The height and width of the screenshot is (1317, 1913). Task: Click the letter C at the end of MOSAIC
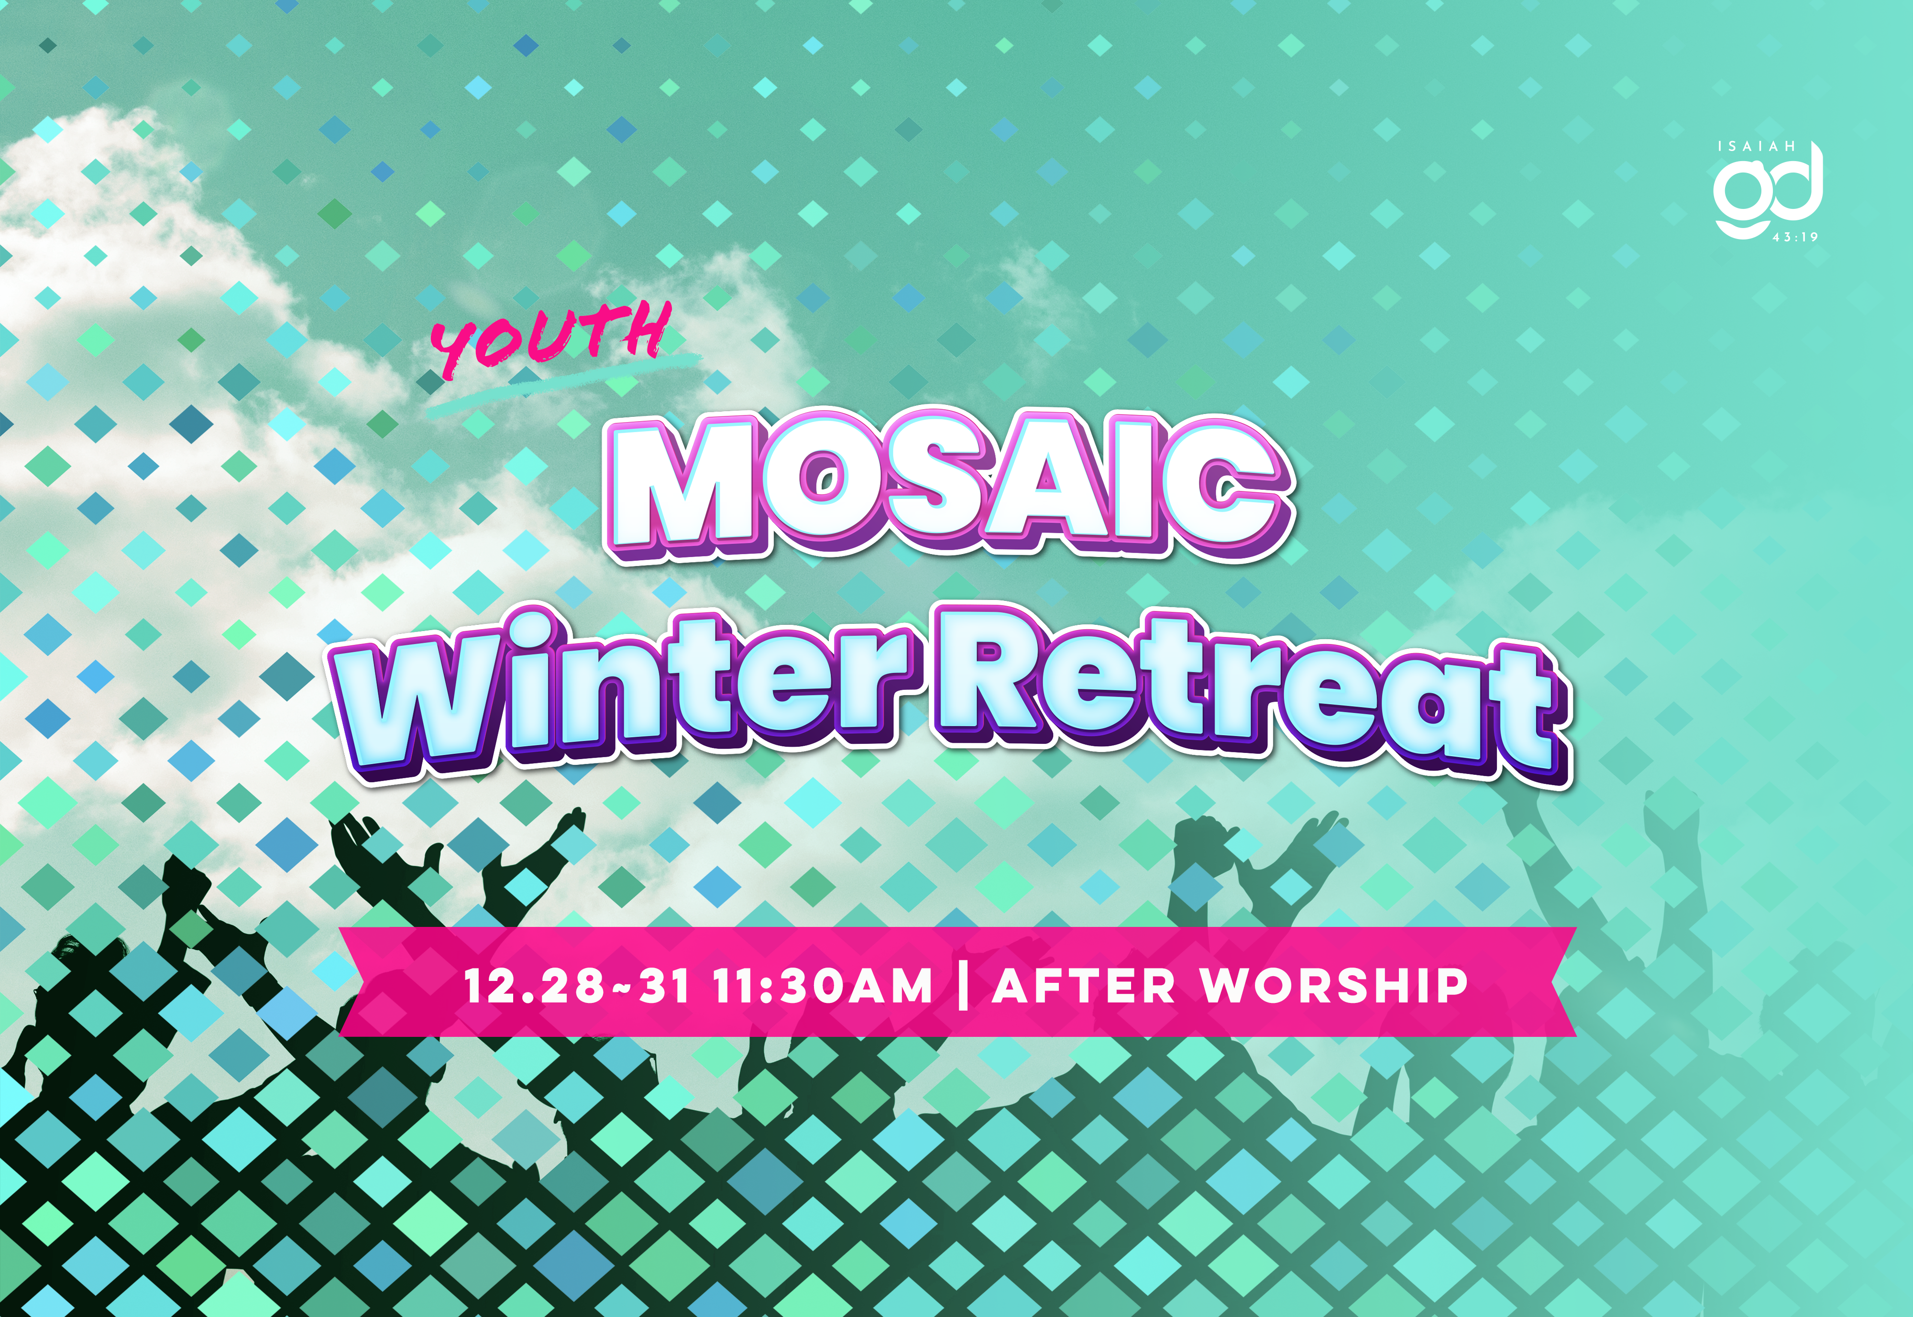pos(1230,495)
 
